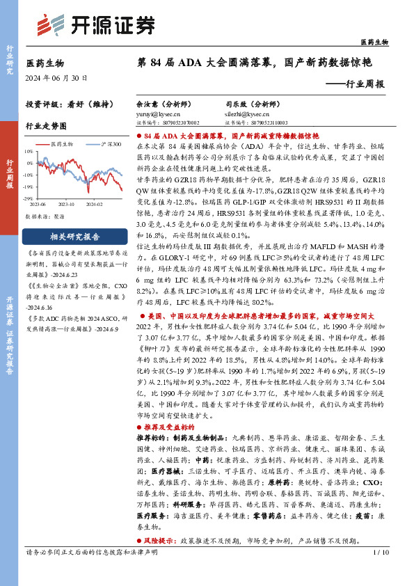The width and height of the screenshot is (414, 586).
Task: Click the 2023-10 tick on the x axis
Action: click(x=67, y=204)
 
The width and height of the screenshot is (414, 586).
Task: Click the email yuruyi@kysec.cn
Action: click(x=158, y=112)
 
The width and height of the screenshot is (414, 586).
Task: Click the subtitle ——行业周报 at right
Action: click(x=356, y=84)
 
